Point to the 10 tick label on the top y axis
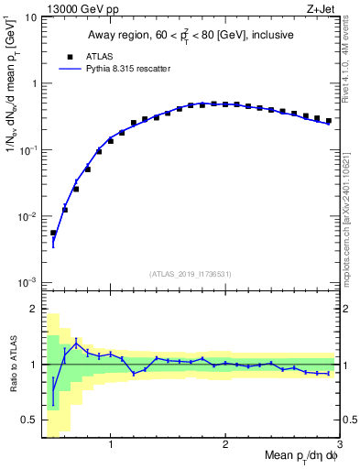(x=29, y=17)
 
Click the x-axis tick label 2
(x=225, y=446)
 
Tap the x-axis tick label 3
(x=339, y=446)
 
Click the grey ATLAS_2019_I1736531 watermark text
(x=191, y=274)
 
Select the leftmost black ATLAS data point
(x=53, y=233)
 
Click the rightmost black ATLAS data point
(x=329, y=120)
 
